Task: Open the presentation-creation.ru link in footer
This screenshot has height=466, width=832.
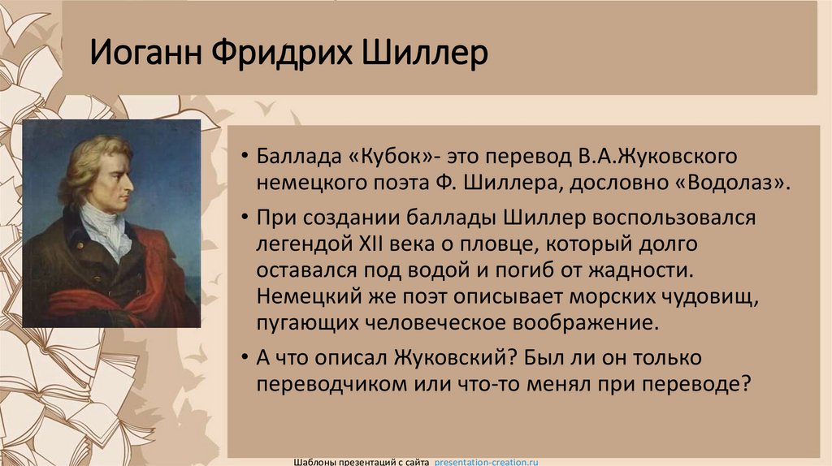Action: [x=487, y=461]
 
